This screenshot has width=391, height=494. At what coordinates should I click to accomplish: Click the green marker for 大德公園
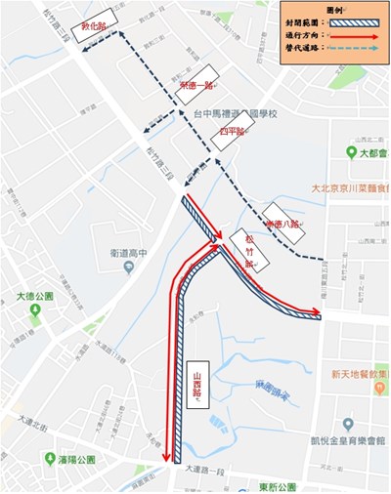click(x=35, y=310)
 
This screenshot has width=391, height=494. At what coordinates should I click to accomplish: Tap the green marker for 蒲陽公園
click(x=50, y=457)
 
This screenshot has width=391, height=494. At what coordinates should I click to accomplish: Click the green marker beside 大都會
click(x=351, y=153)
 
